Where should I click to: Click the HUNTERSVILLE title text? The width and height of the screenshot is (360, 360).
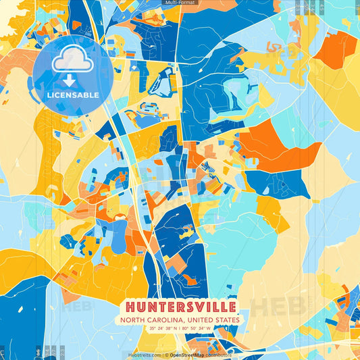pos(180,306)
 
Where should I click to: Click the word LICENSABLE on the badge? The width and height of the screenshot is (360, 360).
pos(72,95)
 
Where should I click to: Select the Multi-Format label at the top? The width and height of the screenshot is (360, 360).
pos(180,3)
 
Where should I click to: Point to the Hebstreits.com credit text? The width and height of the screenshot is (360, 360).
pos(144,355)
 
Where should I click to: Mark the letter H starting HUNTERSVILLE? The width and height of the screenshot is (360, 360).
pos(128,306)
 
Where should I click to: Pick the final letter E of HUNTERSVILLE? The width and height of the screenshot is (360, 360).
pos(232,306)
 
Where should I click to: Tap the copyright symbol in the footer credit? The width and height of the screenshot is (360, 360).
pos(165,355)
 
